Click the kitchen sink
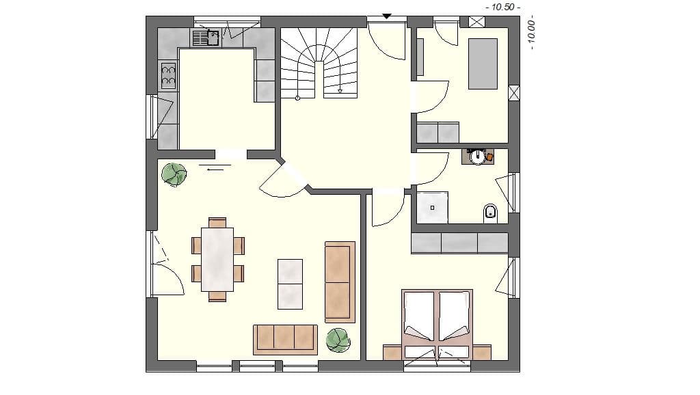pyautogui.click(x=206, y=38)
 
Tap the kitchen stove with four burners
pyautogui.click(x=168, y=76)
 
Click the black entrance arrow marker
pyautogui.click(x=387, y=15)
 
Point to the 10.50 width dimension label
pyautogui.click(x=502, y=7)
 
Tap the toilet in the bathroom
pyautogui.click(x=490, y=213)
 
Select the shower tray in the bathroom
pyautogui.click(x=433, y=207)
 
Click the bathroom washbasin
pyautogui.click(x=478, y=156)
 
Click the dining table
pyautogui.click(x=217, y=259)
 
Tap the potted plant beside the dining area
pyautogui.click(x=174, y=174)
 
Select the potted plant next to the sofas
pyautogui.click(x=338, y=340)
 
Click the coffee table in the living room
pyautogui.click(x=290, y=283)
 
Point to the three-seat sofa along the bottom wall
pyautogui.click(x=285, y=339)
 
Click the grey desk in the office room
pyautogui.click(x=483, y=64)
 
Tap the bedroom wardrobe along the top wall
pyautogui.click(x=459, y=243)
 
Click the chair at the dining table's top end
pyautogui.click(x=217, y=222)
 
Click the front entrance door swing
pyautogui.click(x=385, y=42)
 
